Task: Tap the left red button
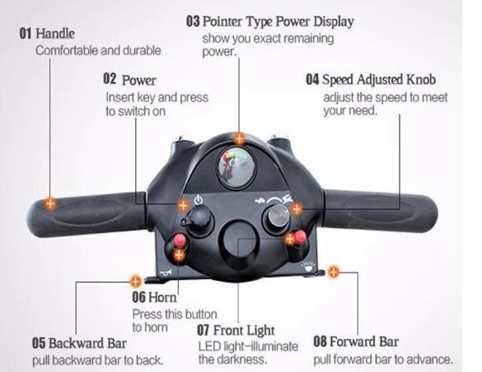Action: coord(180,239)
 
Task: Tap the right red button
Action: coord(301,237)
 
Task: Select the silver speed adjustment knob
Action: coord(278,216)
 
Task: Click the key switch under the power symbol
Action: coord(199,219)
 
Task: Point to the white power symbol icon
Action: coord(199,201)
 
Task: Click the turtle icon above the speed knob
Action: coord(260,201)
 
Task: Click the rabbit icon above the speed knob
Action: coord(288,199)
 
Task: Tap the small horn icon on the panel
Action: coord(166,272)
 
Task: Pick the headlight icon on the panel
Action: coord(308,267)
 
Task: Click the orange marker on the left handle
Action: coord(50,203)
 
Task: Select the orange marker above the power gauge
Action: coord(240,139)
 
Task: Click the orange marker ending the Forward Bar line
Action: coord(333,272)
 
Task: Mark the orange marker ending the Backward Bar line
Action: coord(135,281)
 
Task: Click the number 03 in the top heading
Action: coord(193,21)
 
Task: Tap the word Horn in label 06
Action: coord(162,297)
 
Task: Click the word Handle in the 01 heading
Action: coord(55,33)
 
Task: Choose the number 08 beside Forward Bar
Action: coord(320,342)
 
